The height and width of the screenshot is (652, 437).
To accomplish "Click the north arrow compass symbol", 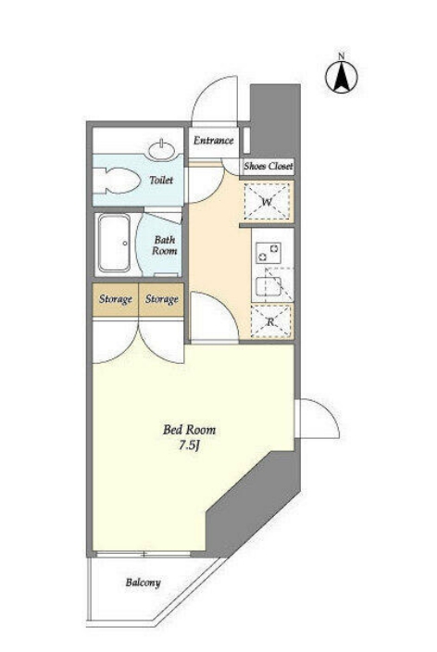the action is click(x=342, y=77).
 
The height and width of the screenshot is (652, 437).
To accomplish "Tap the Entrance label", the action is click(x=213, y=141).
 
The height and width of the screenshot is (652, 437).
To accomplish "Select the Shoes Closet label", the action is click(x=268, y=167).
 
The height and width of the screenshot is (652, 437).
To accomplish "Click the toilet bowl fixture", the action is click(x=117, y=181).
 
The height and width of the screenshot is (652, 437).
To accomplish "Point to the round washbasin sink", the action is click(x=161, y=150).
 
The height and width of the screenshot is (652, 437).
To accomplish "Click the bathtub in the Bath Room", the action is click(x=114, y=244).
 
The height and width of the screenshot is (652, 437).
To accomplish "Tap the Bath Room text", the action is click(x=164, y=245).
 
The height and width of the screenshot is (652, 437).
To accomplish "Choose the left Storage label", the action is click(x=116, y=299).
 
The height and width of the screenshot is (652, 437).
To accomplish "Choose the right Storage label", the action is click(x=162, y=299).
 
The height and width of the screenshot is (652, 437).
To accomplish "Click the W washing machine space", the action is click(x=267, y=202).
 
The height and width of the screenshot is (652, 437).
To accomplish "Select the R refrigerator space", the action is click(x=270, y=321).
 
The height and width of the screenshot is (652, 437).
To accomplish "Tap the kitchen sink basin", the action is click(x=268, y=285).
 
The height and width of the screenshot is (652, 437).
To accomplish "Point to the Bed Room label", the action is click(x=189, y=430).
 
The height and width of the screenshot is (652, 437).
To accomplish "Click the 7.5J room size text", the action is click(x=190, y=445).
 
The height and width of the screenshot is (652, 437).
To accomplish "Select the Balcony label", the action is click(x=143, y=583).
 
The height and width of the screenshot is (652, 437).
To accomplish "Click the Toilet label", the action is click(x=161, y=180).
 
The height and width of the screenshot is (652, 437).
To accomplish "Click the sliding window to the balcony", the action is click(x=143, y=555).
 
